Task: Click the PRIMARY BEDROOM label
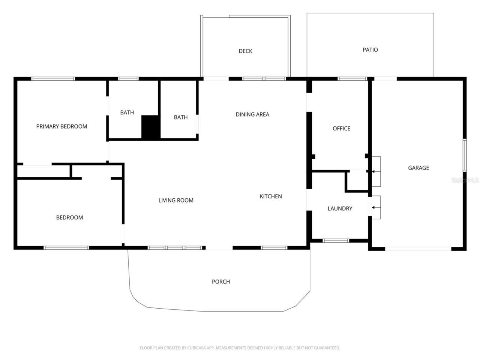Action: pyautogui.click(x=61, y=126)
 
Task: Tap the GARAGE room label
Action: pyautogui.click(x=418, y=168)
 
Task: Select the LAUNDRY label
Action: pyautogui.click(x=340, y=208)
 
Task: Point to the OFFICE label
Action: pyautogui.click(x=341, y=128)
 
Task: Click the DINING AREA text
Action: pyautogui.click(x=252, y=114)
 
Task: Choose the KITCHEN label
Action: pyautogui.click(x=271, y=196)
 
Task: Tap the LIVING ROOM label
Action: pyautogui.click(x=176, y=200)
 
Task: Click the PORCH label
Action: pyautogui.click(x=221, y=282)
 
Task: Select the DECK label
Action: pyautogui.click(x=245, y=51)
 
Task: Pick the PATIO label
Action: pyautogui.click(x=370, y=49)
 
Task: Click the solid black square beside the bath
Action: pyautogui.click(x=151, y=127)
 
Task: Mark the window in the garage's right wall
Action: pyautogui.click(x=464, y=155)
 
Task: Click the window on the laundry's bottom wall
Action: pyautogui.click(x=336, y=240)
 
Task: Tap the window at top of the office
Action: pyautogui.click(x=352, y=79)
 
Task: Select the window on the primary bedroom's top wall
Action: pyautogui.click(x=53, y=79)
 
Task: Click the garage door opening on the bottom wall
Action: pyautogui.click(x=418, y=249)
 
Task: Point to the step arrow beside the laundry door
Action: pyautogui.click(x=374, y=207)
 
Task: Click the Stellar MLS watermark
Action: pyautogui.click(x=465, y=180)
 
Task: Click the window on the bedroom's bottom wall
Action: pyautogui.click(x=66, y=247)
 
